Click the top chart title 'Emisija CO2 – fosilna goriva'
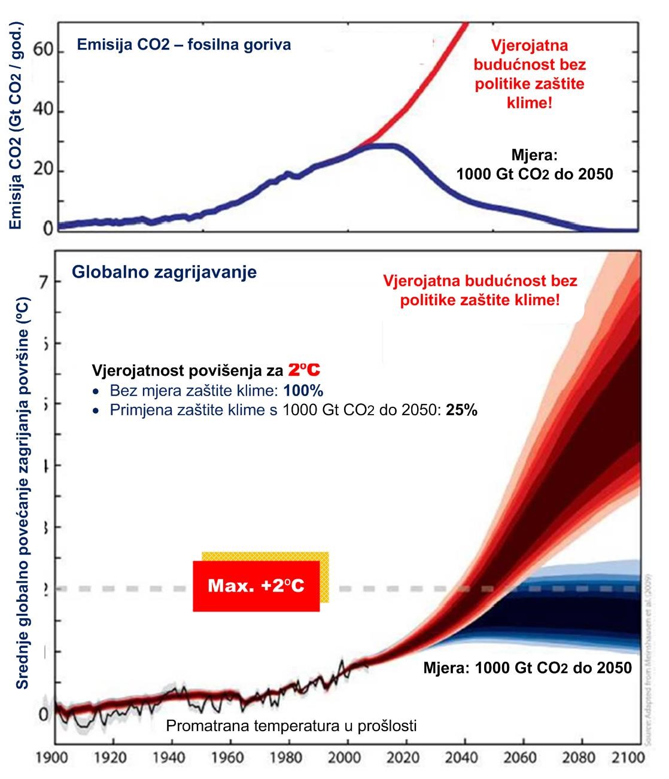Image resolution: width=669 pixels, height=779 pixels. [184, 45]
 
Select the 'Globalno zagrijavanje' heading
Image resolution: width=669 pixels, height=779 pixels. [164, 272]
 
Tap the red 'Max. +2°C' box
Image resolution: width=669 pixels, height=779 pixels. [256, 586]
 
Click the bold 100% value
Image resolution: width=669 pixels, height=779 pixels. [303, 391]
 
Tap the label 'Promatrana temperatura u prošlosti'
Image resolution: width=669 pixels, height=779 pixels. [291, 726]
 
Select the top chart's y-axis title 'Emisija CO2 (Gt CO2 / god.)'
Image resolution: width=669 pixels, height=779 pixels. [16, 126]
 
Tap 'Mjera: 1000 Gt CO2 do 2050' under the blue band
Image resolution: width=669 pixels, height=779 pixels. [527, 668]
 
